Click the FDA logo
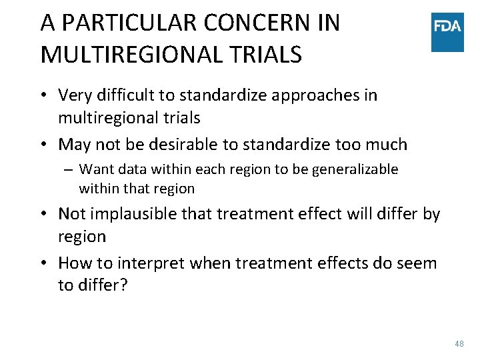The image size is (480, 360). pyautogui.click(x=447, y=31)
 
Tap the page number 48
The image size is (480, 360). pyautogui.click(x=459, y=343)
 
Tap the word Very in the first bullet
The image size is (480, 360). pyautogui.click(x=75, y=95)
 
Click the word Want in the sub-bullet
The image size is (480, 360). pyautogui.click(x=96, y=169)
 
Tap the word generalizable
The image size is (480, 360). pyautogui.click(x=350, y=169)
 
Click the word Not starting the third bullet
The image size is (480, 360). pyautogui.click(x=71, y=213)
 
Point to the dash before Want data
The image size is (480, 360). pyautogui.click(x=69, y=169)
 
